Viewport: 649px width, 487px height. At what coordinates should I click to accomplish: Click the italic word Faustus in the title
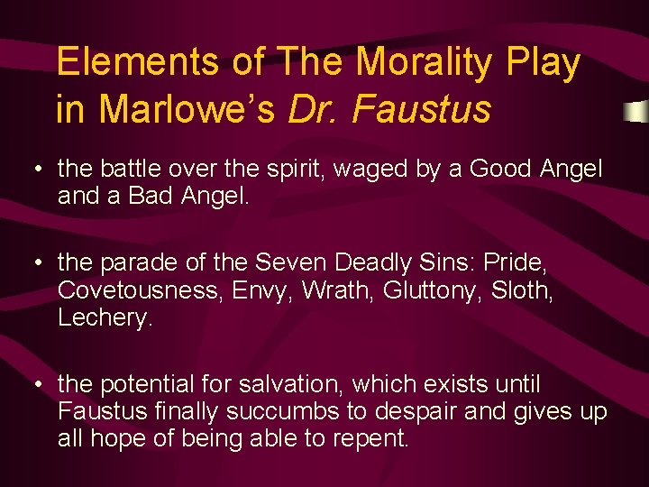(x=423, y=109)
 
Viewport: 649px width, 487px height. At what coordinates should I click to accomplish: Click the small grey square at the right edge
(x=637, y=111)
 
